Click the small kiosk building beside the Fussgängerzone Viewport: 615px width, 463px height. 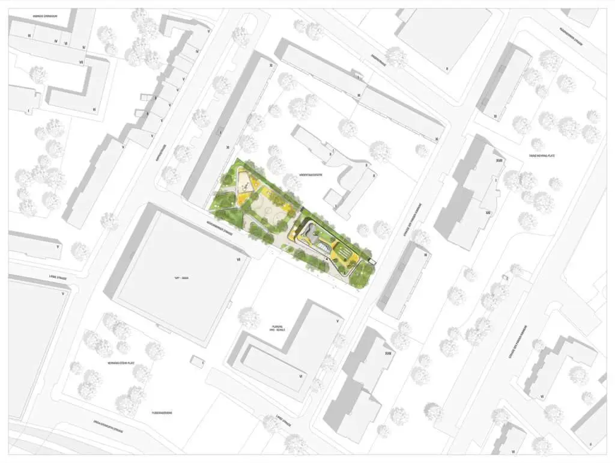196,360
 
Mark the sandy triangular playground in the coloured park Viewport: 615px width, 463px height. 245,182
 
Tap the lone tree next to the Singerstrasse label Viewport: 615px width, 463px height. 396,58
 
